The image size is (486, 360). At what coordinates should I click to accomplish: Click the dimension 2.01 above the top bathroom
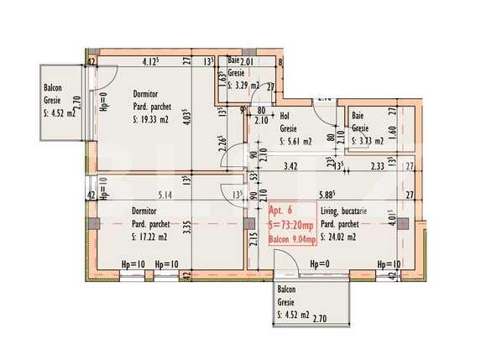(247, 61)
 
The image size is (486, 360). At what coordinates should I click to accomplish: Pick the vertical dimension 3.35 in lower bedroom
(192, 226)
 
